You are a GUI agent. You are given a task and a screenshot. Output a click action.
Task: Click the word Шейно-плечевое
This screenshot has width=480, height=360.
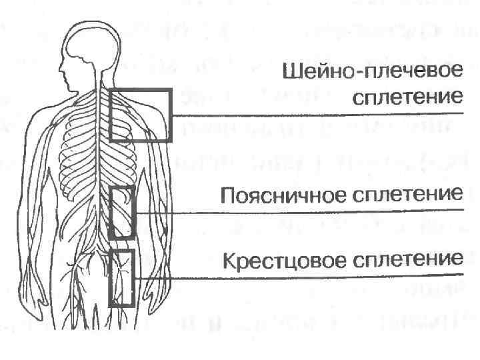(x=371, y=72)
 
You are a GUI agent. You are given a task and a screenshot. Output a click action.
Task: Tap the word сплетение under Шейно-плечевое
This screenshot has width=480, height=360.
(x=407, y=97)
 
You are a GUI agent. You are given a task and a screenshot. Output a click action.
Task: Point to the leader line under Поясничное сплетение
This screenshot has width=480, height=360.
(x=300, y=211)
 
